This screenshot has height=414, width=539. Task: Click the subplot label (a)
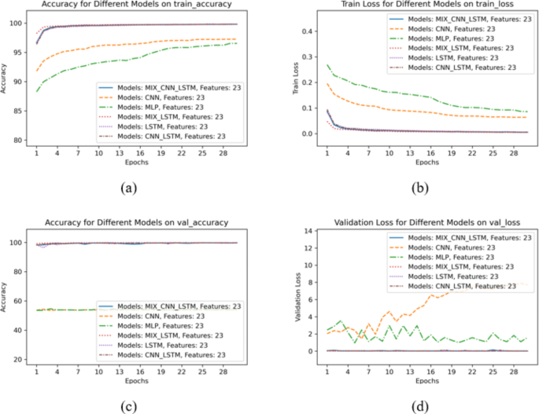(131, 189)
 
